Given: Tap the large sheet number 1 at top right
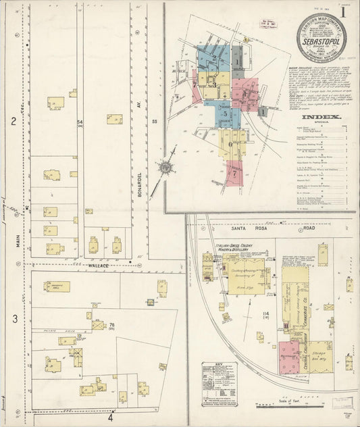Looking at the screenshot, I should (344, 11).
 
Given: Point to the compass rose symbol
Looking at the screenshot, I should (164, 167).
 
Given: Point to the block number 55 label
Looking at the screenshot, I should (155, 121).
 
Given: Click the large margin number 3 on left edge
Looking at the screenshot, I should (14, 317).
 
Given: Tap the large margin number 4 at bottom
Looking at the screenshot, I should (109, 417).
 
